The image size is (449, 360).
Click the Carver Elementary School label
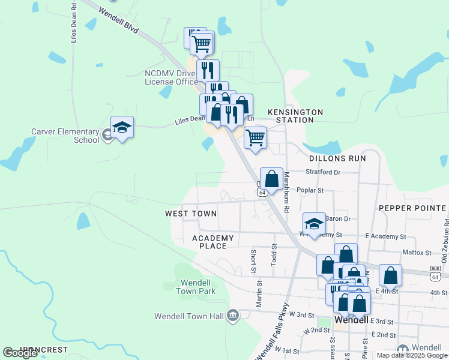tap(65, 136)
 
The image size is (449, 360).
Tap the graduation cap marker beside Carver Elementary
tap(122, 127)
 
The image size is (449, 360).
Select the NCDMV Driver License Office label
tap(171, 77)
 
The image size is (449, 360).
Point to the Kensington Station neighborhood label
tap(295, 116)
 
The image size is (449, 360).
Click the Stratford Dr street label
tap(323, 172)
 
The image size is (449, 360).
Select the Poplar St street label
tap(310, 190)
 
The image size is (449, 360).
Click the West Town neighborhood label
tap(191, 214)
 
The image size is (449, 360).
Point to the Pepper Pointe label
tap(412, 208)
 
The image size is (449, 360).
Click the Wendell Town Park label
tap(196, 287)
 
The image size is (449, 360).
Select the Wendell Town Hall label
tap(189, 316)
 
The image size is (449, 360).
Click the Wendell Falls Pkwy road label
tap(268, 331)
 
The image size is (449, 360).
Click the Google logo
tap(20, 353)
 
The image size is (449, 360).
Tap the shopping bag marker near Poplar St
tap(271, 179)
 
